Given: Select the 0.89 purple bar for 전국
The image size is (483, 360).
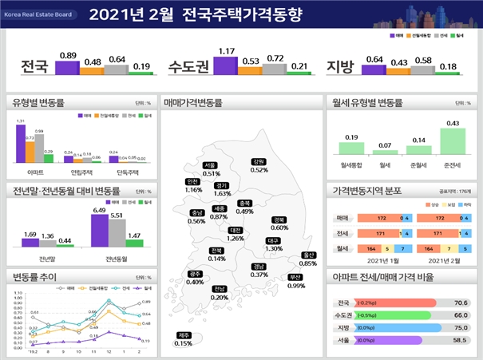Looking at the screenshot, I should pos(68,68).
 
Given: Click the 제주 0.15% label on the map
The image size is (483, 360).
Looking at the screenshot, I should pos(184,339).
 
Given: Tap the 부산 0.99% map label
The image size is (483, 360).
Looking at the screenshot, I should pos(296,282).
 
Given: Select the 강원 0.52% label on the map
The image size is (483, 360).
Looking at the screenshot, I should pos(259,165).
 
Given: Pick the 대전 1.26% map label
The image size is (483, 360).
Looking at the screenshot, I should pos(236,234).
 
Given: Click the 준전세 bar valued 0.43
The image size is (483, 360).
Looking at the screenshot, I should pos(453,140).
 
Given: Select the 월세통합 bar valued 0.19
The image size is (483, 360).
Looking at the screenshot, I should pos(351,148).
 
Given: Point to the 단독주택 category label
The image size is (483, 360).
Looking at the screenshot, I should pos(118,172).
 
